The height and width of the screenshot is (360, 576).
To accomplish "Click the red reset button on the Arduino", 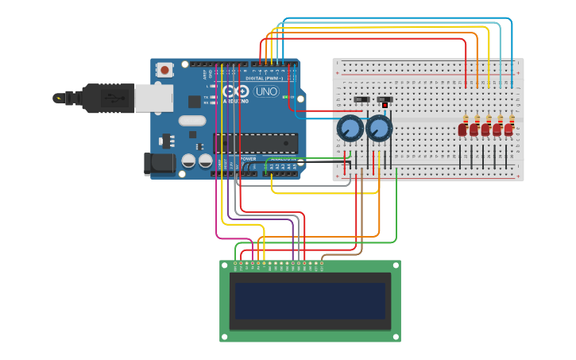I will pyautogui.click(x=164, y=70).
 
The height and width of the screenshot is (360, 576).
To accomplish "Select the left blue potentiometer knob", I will pyautogui.click(x=350, y=128).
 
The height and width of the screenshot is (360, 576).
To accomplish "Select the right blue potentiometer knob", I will pyautogui.click(x=379, y=128).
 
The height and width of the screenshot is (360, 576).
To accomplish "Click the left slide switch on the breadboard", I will pyautogui.click(x=361, y=99).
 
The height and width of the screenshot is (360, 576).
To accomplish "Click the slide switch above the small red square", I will pyautogui.click(x=385, y=99).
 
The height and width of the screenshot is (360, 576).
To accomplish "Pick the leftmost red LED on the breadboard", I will pyautogui.click(x=462, y=130).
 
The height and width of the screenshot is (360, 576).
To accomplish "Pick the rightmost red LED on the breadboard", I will pyautogui.click(x=508, y=130).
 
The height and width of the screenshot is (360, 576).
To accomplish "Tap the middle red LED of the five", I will pyautogui.click(x=485, y=130).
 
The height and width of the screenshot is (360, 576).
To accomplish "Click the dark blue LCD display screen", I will pyautogui.click(x=310, y=300).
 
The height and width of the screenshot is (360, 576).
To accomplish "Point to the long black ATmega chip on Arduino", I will pyautogui.click(x=256, y=143).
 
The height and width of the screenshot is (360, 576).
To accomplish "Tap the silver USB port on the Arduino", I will pyautogui.click(x=153, y=98).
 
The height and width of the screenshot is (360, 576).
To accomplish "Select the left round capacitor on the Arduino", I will pyautogui.click(x=189, y=161).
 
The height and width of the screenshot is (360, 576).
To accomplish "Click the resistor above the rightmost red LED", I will pyautogui.click(x=512, y=119).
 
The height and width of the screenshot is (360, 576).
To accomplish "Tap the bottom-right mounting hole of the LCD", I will pyautogui.click(x=395, y=337).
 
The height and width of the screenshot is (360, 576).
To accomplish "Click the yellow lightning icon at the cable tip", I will pyautogui.click(x=57, y=98).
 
